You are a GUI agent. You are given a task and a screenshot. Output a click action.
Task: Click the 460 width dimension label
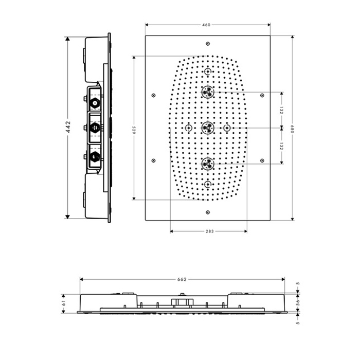tap(207, 25)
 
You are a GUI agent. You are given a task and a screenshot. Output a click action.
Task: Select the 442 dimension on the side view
tap(68, 127)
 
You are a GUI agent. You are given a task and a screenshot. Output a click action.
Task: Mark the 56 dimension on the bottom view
tap(298, 303)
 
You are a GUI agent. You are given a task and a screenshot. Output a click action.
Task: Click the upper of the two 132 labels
tap(281, 110)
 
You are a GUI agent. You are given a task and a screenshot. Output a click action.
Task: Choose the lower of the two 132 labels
tap(281, 146)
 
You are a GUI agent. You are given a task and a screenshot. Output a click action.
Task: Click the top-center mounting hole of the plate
tap(207, 44)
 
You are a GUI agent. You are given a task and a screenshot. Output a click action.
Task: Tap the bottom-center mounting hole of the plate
tap(207, 212)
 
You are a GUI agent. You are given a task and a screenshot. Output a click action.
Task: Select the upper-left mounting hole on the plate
tap(153, 95)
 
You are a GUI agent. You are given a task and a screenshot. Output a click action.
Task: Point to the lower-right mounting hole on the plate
tap(262, 160)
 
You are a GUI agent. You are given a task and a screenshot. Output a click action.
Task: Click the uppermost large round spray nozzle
tap(208, 92)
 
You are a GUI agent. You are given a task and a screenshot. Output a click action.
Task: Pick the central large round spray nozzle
tap(208, 127)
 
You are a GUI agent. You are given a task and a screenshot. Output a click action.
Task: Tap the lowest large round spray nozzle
tap(208, 164)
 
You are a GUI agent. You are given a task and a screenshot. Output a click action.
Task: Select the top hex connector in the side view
tap(94, 102)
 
